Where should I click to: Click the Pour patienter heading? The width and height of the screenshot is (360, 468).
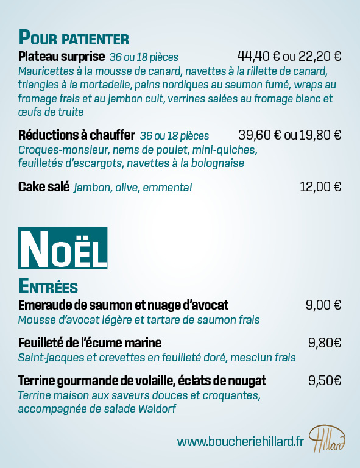tap(74, 38)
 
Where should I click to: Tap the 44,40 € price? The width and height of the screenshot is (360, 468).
tap(259, 57)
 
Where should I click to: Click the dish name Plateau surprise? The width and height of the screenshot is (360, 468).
tap(62, 57)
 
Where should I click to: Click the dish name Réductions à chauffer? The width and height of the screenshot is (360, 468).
tap(76, 135)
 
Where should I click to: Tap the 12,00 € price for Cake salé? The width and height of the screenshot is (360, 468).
tap(320, 187)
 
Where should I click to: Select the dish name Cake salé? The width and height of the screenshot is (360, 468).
tap(44, 187)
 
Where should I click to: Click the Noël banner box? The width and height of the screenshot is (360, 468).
tap(63, 249)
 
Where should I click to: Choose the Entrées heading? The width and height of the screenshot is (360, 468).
tap(48, 286)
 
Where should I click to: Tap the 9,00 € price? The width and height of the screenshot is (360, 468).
tap(323, 305)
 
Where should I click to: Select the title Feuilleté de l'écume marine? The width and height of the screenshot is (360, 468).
tap(90, 342)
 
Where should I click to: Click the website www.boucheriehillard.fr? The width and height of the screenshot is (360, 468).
tap(240, 441)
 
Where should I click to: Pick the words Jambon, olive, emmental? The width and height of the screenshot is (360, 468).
tap(133, 188)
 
